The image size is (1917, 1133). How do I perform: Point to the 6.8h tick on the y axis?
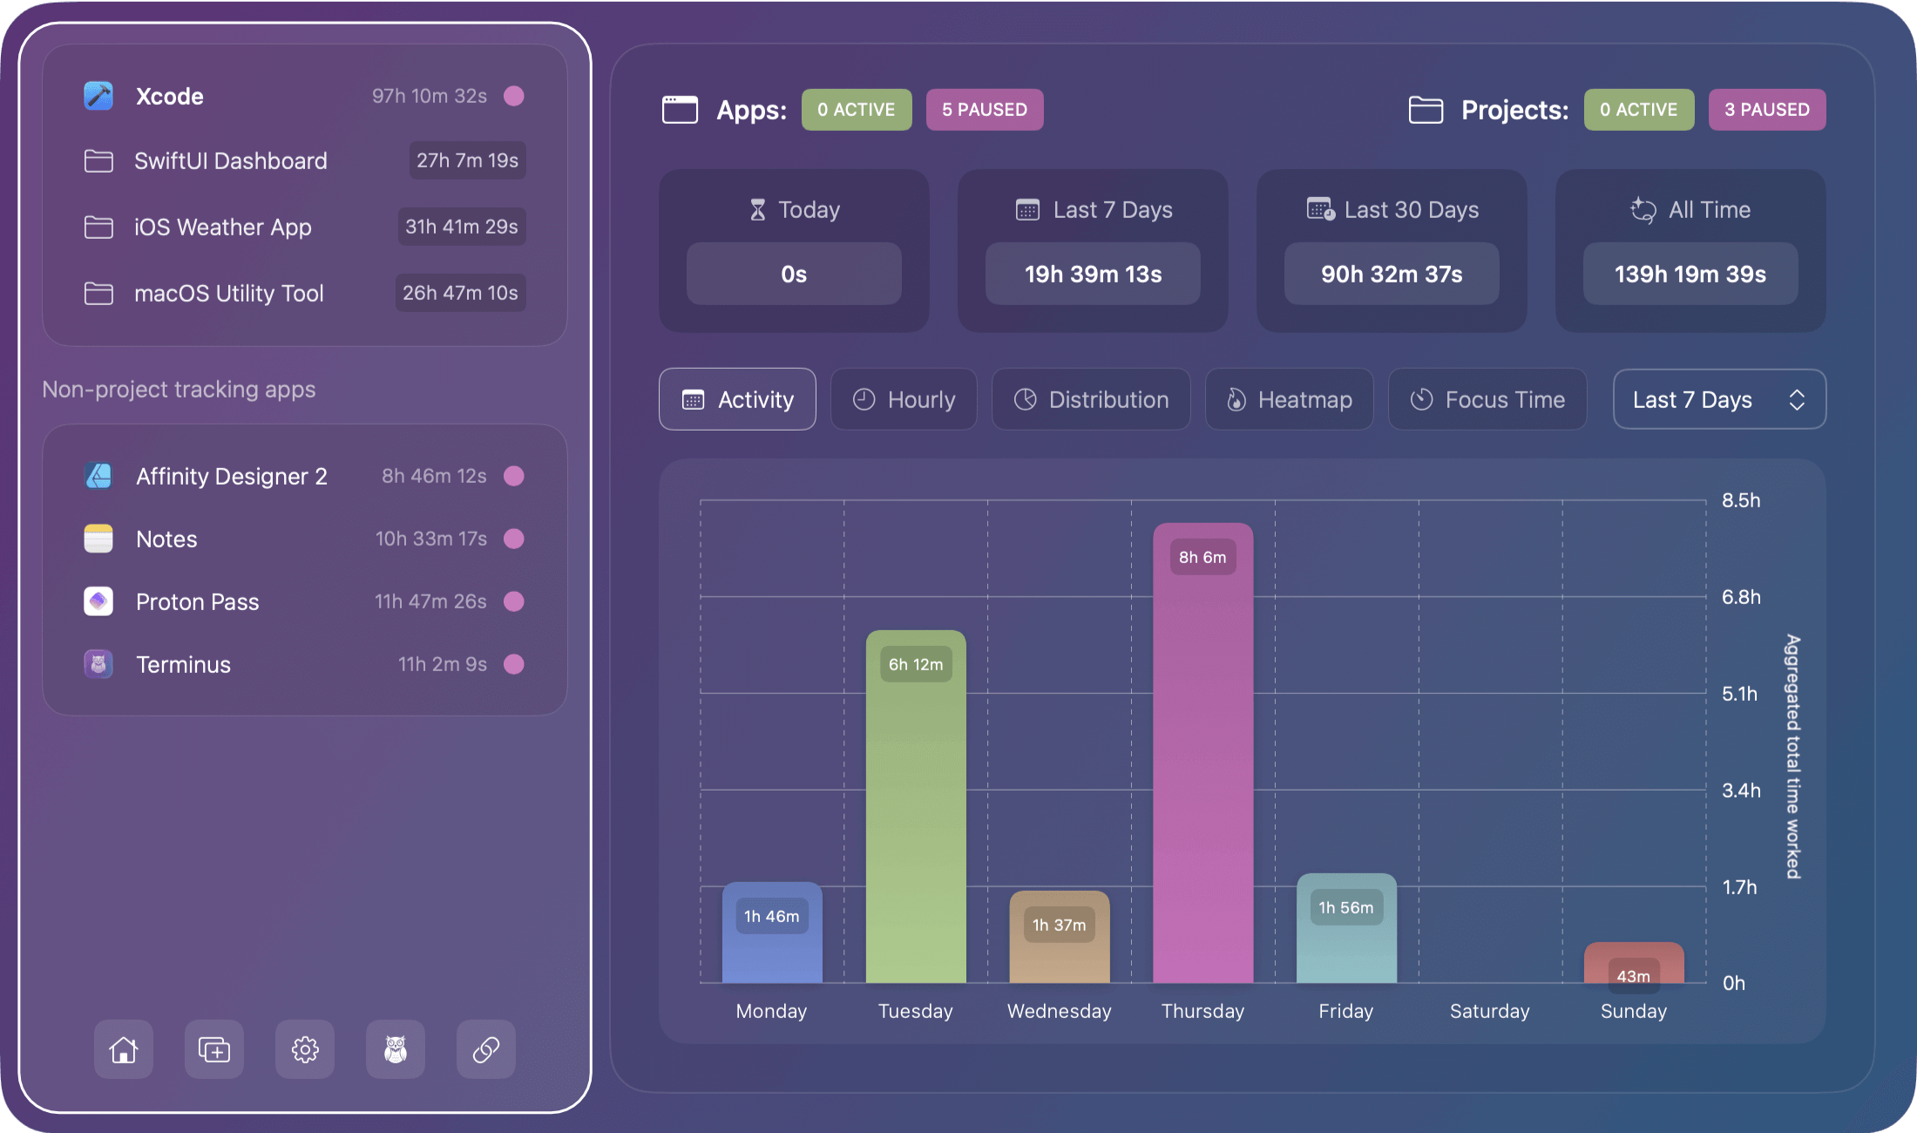tap(1741, 597)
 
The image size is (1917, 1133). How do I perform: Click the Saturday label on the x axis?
tap(1489, 1011)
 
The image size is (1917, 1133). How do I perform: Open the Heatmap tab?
tap(1289, 399)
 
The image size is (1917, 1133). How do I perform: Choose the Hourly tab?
tap(904, 399)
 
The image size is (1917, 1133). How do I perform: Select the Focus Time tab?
tap(1487, 399)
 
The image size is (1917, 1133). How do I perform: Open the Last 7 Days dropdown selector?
tap(1719, 399)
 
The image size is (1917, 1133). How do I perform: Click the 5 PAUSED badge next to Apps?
tap(985, 110)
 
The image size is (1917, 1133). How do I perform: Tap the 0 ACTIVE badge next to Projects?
tap(1638, 110)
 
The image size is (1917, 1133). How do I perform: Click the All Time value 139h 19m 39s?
tap(1690, 275)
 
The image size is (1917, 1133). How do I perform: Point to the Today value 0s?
tap(794, 275)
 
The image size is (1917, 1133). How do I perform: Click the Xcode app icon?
tap(98, 96)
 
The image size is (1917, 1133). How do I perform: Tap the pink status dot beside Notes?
tap(514, 539)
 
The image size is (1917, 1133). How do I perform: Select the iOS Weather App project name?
tap(223, 227)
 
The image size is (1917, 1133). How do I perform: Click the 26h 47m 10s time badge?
tap(460, 293)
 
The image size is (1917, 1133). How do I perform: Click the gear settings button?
tap(305, 1049)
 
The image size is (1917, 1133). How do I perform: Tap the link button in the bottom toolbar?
tap(486, 1049)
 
